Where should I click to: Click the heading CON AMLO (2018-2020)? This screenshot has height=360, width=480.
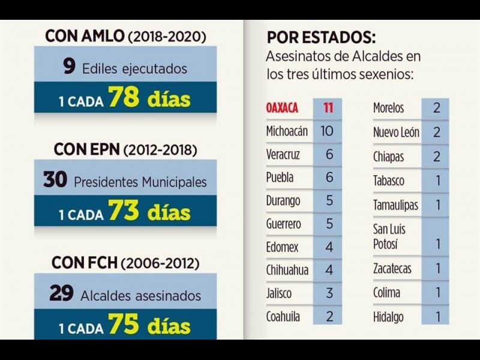tap(125, 36)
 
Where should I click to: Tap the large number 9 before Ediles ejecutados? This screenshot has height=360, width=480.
tap(70, 67)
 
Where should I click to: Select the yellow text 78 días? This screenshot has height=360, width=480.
tap(149, 98)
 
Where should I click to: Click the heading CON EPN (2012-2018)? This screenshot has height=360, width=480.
tap(125, 149)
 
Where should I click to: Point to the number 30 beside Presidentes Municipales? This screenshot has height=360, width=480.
tap(55, 179)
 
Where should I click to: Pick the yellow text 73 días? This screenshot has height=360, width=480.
tap(149, 211)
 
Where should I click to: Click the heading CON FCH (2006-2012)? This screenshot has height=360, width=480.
tap(125, 263)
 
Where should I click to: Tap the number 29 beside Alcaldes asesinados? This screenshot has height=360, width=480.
tap(61, 293)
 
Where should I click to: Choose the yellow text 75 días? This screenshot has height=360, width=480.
tap(149, 326)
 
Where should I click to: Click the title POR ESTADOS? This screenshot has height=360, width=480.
tap(321, 37)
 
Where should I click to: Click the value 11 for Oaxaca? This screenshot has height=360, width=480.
tap(328, 109)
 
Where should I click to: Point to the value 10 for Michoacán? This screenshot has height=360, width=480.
tap(327, 130)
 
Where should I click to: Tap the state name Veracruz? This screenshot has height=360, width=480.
tap(283, 154)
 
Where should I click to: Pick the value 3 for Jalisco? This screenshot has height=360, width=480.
tap(328, 293)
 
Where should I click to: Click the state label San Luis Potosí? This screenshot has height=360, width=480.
tap(389, 236)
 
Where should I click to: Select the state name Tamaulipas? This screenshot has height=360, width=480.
tap(395, 205)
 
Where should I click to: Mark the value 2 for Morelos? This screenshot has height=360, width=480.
tap(436, 109)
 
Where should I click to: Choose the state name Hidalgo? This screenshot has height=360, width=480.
tap(388, 317)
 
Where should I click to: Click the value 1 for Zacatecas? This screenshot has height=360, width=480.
tap(437, 268)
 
